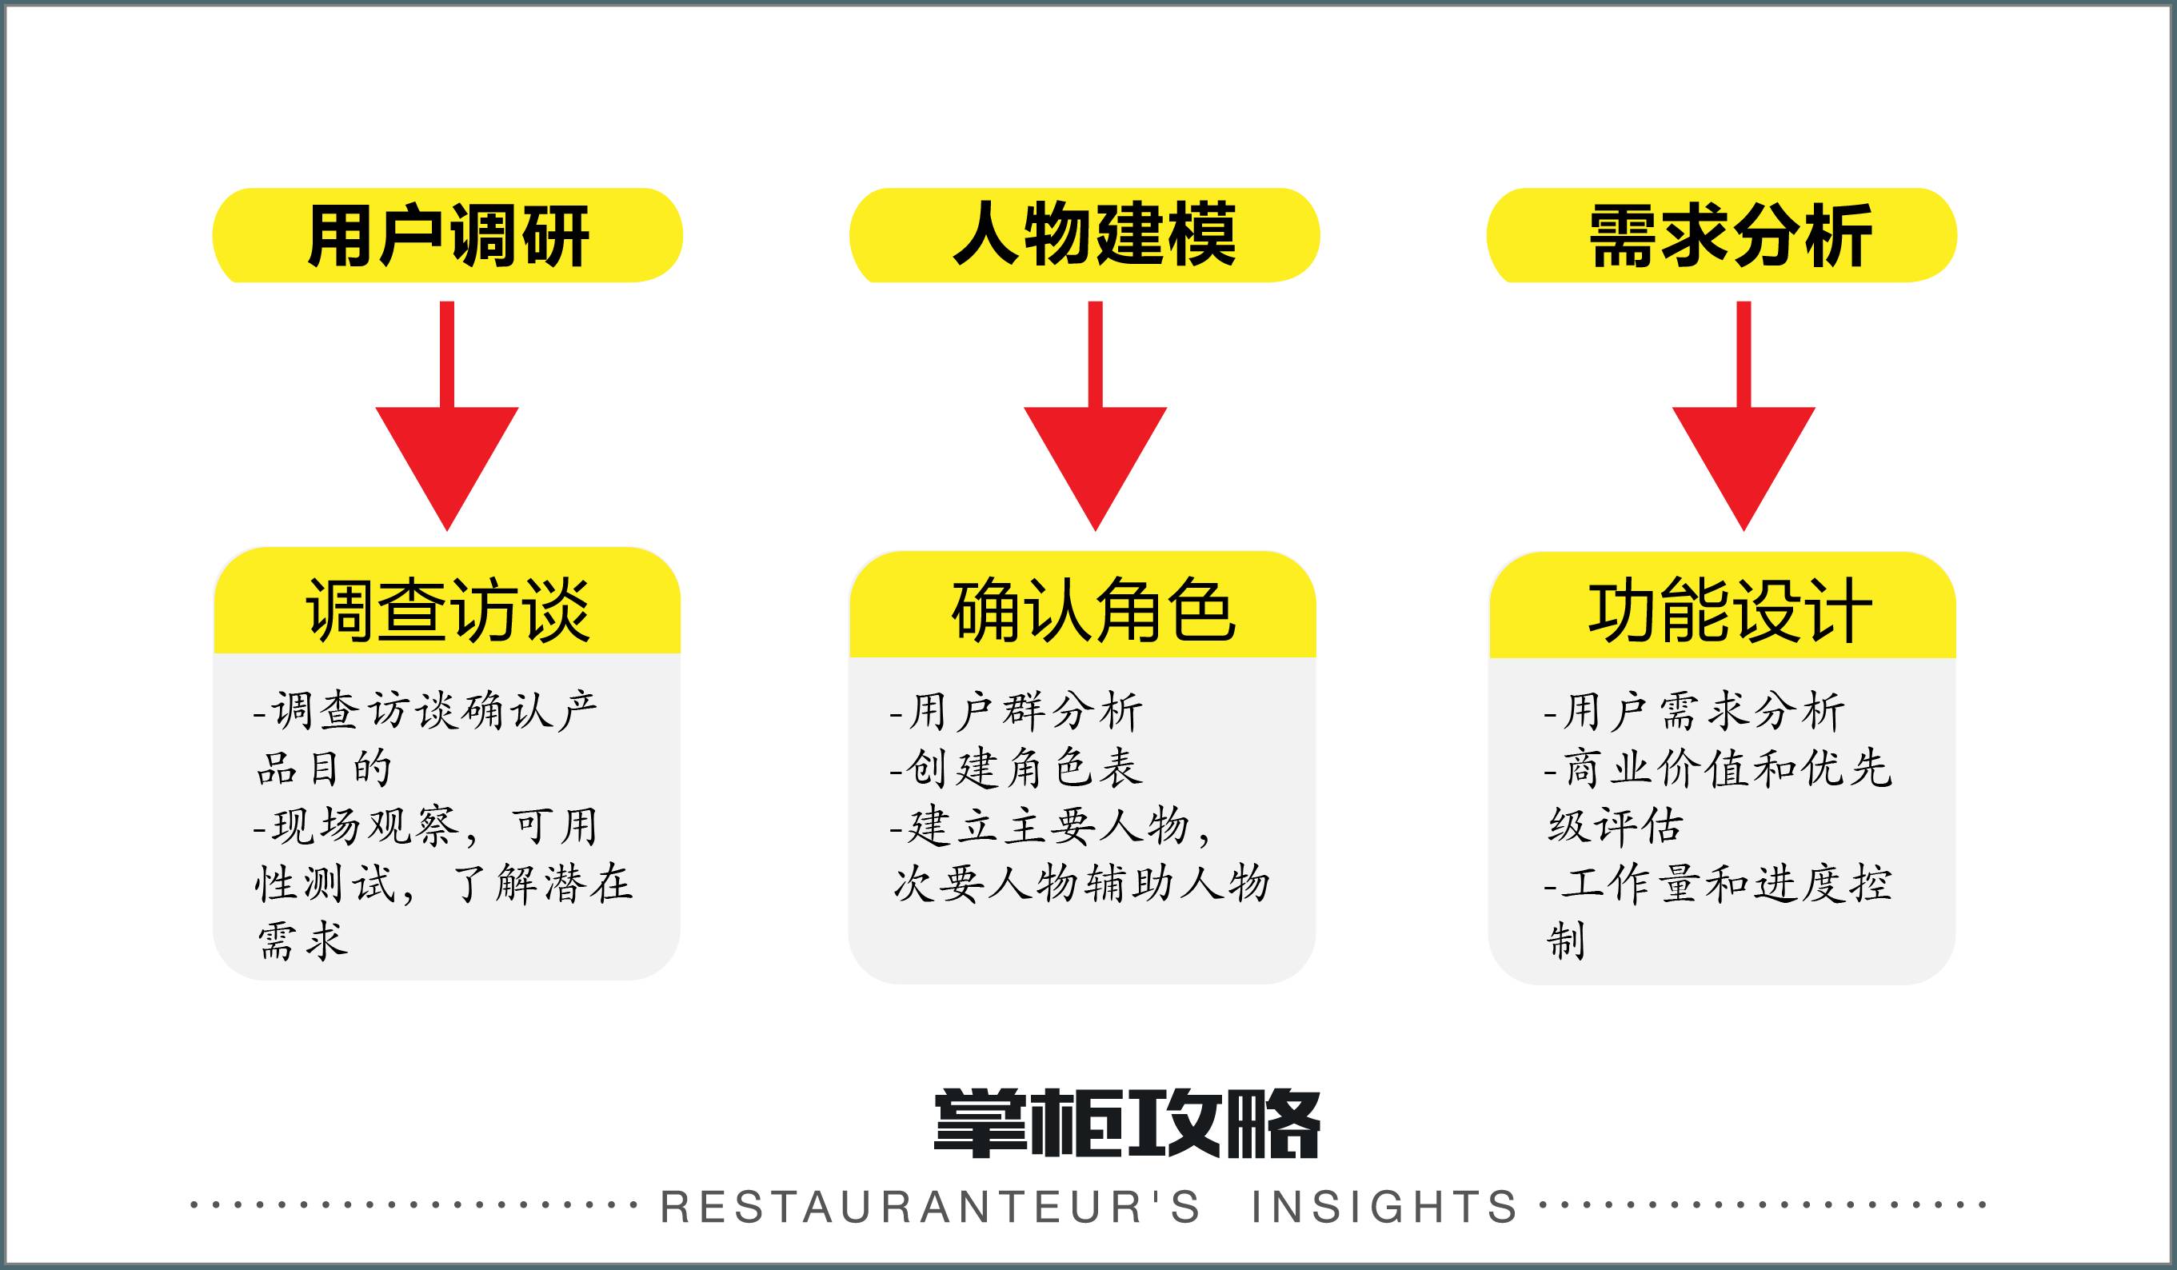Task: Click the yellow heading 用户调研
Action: pyautogui.click(x=448, y=235)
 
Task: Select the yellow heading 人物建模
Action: pyautogui.click(x=1093, y=235)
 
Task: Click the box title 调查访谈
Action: pyautogui.click(x=448, y=611)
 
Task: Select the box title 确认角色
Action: pyautogui.click(x=1093, y=611)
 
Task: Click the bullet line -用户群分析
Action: pyautogui.click(x=1017, y=712)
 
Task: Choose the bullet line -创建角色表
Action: pyautogui.click(x=1017, y=769)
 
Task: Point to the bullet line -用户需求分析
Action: pyautogui.click(x=1694, y=712)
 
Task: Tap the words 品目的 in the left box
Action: pyautogui.click(x=325, y=769)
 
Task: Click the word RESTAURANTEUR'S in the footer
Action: pyautogui.click(x=930, y=1207)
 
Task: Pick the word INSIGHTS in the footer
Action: pyautogui.click(x=1384, y=1207)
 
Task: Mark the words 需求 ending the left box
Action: pyautogui.click(x=302, y=941)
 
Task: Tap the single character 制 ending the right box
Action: pyautogui.click(x=1566, y=941)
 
